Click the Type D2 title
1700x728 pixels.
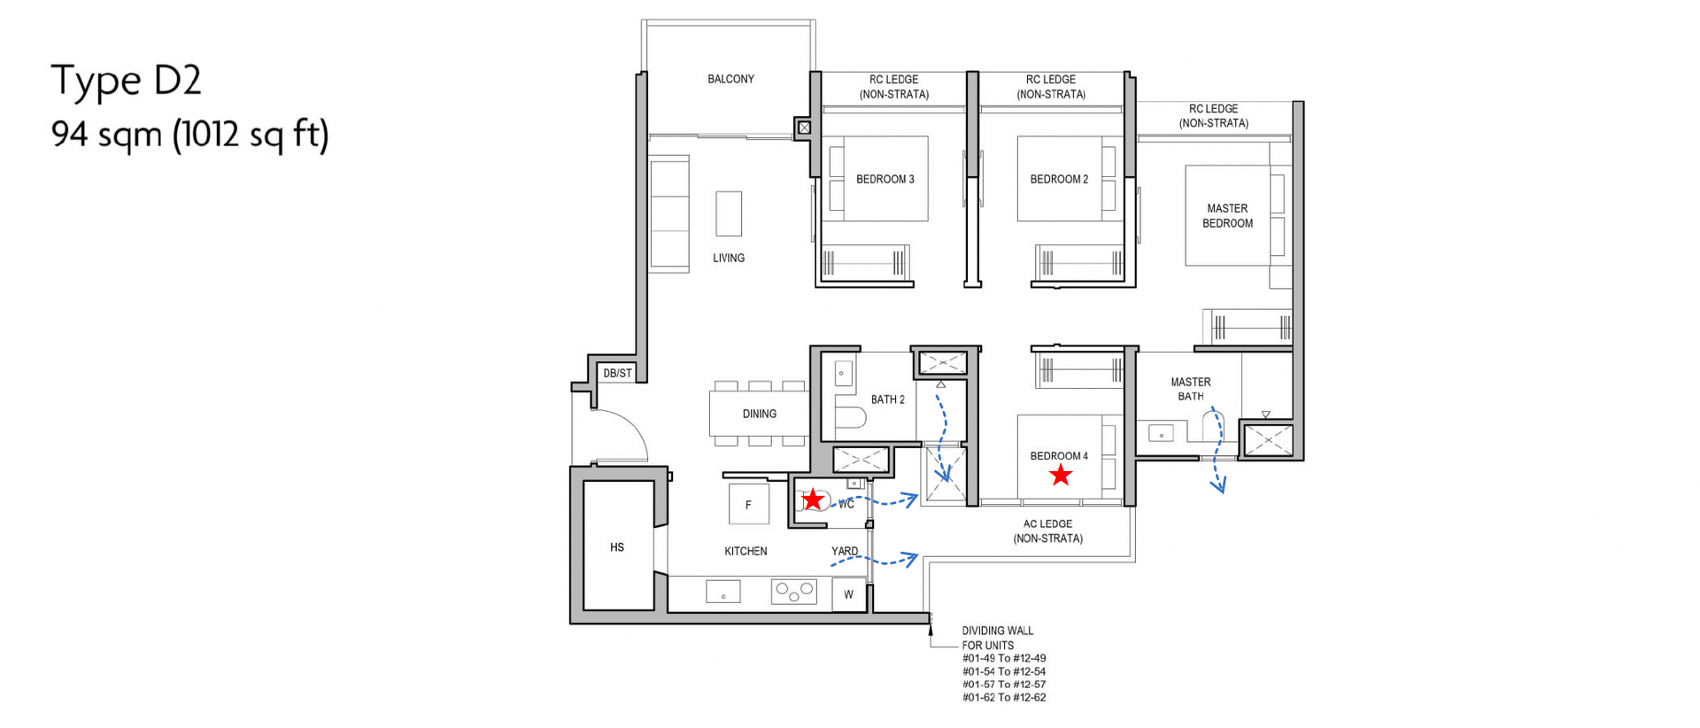tap(126, 80)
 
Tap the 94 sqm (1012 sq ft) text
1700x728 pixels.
tap(189, 135)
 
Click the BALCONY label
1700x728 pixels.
tap(730, 79)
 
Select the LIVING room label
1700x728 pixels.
tap(729, 258)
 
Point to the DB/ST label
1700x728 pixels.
tap(617, 373)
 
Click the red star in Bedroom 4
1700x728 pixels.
tap(1061, 476)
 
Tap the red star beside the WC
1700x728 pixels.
tap(813, 500)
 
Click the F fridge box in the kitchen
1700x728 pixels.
tap(748, 505)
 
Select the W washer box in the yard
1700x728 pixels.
tap(848, 594)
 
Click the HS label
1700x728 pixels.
tap(617, 547)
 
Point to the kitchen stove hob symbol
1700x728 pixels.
tap(793, 591)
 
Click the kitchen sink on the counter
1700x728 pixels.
tap(722, 591)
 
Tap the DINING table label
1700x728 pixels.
tap(760, 414)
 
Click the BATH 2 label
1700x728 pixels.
tap(888, 399)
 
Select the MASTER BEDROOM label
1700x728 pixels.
tap(1227, 216)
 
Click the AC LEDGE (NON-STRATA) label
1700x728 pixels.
tap(1048, 531)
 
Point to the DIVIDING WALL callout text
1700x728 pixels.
tap(998, 638)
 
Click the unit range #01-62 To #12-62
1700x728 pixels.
tap(1004, 698)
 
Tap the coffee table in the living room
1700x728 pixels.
tap(729, 213)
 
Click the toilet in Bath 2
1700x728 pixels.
tap(850, 417)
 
